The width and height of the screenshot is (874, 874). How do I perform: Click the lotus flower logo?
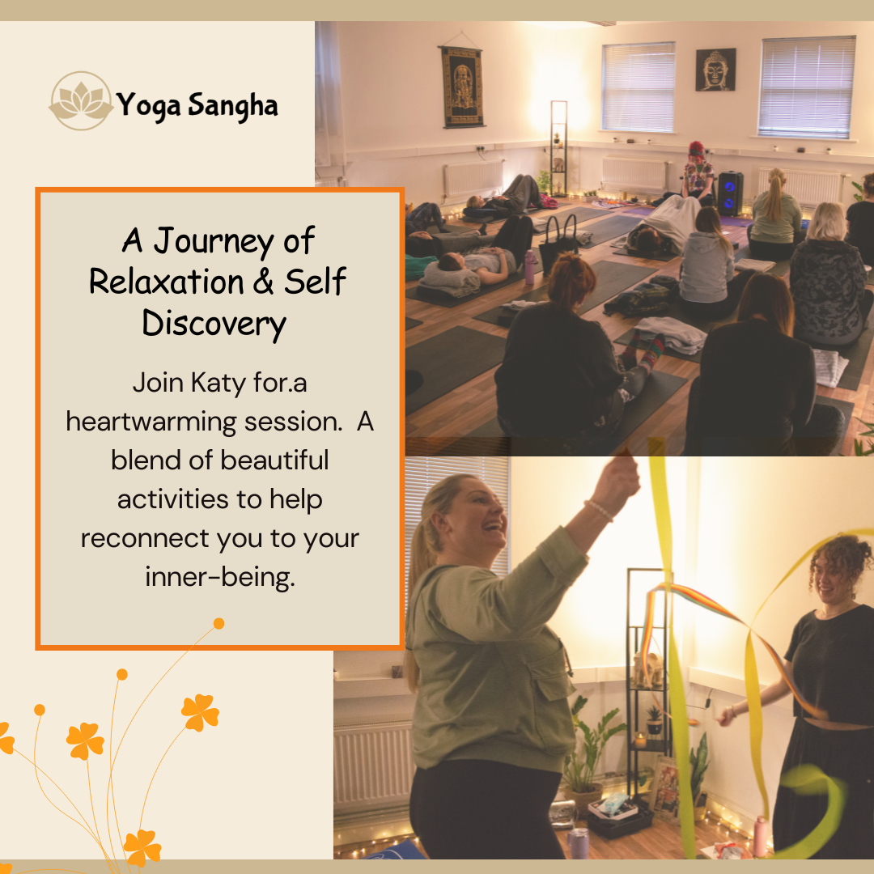tap(82, 101)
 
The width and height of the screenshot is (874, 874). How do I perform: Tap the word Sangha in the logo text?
tap(232, 106)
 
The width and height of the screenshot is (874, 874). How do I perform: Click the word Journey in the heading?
tap(214, 242)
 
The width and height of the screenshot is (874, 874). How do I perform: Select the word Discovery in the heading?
tap(214, 325)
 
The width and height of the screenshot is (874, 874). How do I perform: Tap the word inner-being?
tap(219, 578)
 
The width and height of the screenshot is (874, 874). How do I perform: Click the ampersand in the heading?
tap(264, 282)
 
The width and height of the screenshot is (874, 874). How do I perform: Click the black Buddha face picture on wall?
tap(715, 70)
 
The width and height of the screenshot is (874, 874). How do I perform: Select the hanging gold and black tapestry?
tap(461, 87)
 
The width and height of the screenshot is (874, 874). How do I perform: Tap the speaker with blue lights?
tap(730, 193)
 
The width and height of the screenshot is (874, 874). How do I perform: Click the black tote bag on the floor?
tap(560, 244)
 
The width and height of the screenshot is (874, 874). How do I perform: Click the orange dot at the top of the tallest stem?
tap(219, 623)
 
